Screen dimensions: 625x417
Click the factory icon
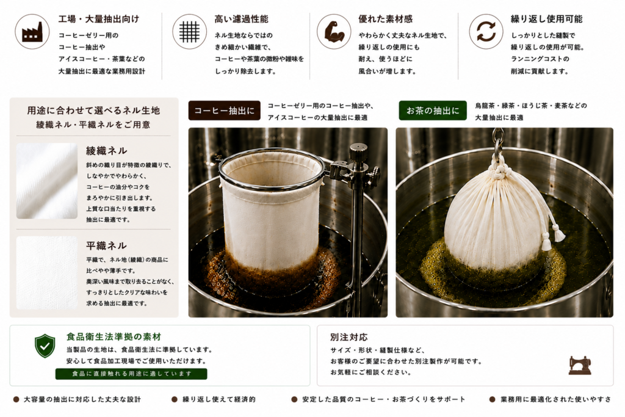tap(32, 32)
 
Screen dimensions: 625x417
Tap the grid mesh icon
tap(189, 32)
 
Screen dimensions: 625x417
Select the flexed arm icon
tap(334, 32)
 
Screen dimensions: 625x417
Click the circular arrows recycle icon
tap(486, 32)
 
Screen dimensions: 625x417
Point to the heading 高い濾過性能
tap(241, 19)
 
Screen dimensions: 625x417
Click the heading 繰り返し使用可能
tap(546, 19)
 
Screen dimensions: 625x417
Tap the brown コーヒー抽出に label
tap(225, 111)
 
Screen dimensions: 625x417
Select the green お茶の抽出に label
tap(433, 111)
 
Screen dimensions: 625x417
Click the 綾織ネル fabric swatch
tap(47, 181)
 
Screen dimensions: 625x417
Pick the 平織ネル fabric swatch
tap(47, 273)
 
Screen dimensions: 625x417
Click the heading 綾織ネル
tap(106, 150)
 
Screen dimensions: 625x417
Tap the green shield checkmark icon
tap(45, 346)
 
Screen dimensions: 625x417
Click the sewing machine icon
tap(580, 365)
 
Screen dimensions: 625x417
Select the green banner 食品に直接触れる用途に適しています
tap(131, 374)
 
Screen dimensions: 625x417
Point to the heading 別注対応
tap(349, 337)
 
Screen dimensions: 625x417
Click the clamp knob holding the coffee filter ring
tap(373, 173)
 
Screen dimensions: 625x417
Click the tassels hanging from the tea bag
tap(554, 236)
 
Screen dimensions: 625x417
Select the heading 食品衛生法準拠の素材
tap(114, 337)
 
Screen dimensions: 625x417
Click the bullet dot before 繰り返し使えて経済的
tap(174, 399)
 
